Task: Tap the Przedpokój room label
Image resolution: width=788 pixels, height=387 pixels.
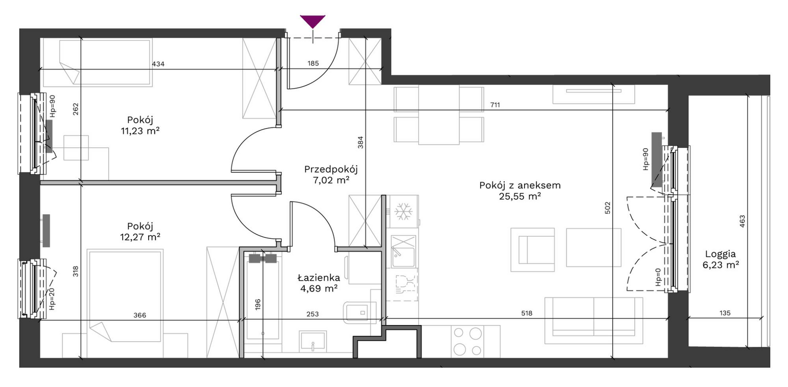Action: (x=330, y=169)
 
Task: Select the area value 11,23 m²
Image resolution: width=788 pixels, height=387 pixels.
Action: (x=140, y=131)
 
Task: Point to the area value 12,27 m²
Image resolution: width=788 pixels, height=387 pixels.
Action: (x=140, y=237)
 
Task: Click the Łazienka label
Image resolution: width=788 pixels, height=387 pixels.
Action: (x=319, y=278)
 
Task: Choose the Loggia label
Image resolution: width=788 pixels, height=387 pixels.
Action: (x=721, y=254)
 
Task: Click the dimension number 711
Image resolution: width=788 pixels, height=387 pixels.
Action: (x=495, y=105)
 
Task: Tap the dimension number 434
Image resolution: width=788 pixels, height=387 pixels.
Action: (x=158, y=64)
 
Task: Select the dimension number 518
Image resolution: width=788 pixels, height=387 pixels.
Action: (x=526, y=313)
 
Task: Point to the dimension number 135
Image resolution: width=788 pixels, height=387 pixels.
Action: (x=725, y=313)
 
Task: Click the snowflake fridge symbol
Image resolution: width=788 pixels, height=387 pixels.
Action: (x=403, y=212)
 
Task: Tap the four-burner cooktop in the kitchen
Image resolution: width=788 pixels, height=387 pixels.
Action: (x=467, y=341)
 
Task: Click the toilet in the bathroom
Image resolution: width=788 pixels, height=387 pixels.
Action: (x=360, y=313)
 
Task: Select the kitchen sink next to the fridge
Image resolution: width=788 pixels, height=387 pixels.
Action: (x=403, y=252)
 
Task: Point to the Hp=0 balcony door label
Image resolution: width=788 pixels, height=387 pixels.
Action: (x=658, y=277)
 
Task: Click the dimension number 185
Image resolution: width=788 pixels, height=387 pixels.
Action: (x=313, y=64)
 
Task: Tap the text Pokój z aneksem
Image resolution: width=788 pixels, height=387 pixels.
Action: (x=520, y=186)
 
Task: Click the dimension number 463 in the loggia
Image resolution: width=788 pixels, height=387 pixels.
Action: (x=742, y=221)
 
